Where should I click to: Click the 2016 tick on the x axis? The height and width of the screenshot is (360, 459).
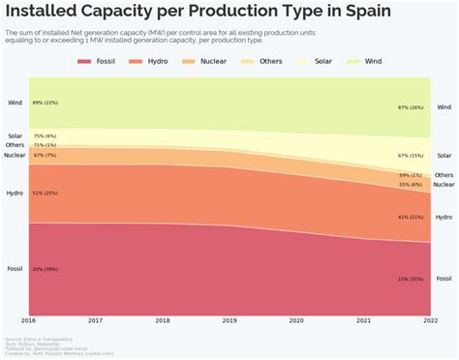(29, 320)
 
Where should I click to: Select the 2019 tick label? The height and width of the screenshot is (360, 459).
(229, 320)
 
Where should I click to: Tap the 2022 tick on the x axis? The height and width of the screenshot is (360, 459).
(430, 320)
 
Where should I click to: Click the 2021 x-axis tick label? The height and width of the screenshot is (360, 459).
(363, 320)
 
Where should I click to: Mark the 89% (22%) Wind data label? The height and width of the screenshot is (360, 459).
(46, 103)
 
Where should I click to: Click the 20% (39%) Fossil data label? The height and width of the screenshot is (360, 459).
(46, 269)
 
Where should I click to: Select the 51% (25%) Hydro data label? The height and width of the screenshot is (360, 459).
(46, 193)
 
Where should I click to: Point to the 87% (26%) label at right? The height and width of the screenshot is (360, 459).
(411, 107)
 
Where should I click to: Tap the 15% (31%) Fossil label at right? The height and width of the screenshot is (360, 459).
(411, 279)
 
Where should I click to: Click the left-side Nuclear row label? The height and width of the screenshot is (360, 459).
(15, 155)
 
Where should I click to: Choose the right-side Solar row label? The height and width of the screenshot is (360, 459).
(444, 155)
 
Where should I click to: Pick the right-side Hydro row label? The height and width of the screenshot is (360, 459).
(444, 217)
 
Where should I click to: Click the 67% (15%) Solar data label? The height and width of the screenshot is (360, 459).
(411, 155)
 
